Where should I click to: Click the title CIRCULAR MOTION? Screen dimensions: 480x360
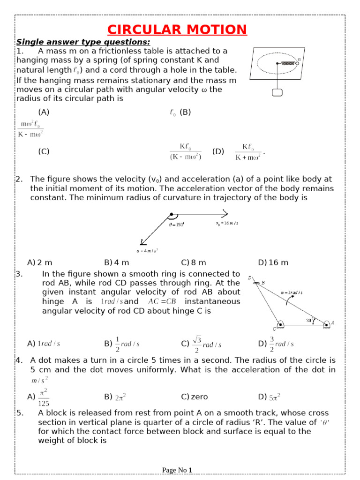(x=177, y=30)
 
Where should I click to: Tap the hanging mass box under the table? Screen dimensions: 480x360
(x=277, y=92)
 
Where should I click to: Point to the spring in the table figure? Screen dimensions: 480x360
(x=287, y=63)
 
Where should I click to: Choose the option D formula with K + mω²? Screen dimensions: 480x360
(x=248, y=152)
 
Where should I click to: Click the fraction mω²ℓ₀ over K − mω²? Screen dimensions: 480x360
(x=31, y=129)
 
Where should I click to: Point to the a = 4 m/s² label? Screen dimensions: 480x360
(x=147, y=250)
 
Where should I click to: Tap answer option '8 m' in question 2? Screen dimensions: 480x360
(x=194, y=262)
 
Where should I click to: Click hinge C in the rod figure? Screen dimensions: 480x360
(x=280, y=325)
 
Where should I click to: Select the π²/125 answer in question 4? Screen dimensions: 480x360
(x=43, y=397)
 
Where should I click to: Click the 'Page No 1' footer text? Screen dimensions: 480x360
(x=177, y=470)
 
